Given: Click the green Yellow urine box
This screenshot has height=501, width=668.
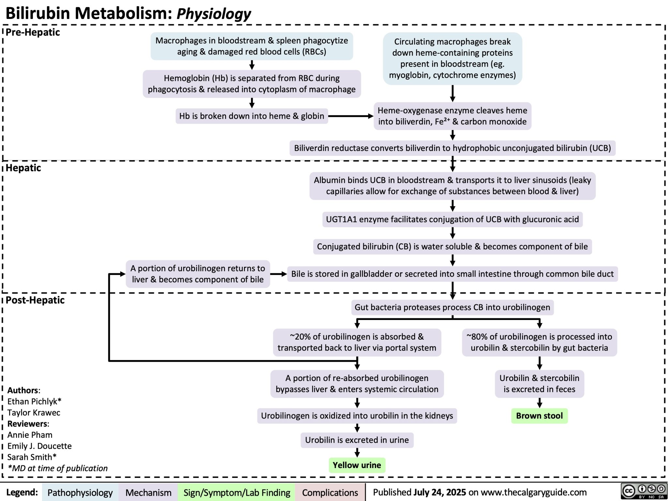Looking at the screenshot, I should (357, 465).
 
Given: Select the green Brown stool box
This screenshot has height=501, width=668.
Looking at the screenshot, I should (539, 416).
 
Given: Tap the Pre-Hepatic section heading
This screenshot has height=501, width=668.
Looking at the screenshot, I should (33, 32).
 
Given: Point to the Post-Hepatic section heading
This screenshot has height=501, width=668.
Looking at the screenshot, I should (35, 300).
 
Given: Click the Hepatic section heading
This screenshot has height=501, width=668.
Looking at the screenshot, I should (23, 168).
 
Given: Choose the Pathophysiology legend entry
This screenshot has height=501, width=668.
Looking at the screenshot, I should (80, 493).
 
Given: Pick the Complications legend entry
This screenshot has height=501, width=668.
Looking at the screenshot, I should (330, 493).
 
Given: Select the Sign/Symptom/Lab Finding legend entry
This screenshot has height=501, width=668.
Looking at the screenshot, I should (236, 493).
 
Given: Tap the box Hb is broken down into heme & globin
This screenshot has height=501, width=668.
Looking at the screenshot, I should (251, 116).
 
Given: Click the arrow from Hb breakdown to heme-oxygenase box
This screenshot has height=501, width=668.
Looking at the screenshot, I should (351, 116).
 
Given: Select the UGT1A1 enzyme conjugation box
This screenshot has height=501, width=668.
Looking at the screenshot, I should (452, 220).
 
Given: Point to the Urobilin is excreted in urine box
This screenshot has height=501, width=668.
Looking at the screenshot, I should (357, 440).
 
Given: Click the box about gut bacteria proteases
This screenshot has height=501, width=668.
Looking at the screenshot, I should (452, 307).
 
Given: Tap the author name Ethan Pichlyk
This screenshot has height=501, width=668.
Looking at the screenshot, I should (34, 402).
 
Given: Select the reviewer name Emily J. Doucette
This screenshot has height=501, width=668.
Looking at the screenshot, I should (39, 446).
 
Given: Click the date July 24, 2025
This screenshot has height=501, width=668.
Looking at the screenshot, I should (439, 492).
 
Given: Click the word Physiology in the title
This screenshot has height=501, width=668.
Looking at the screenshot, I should (214, 14).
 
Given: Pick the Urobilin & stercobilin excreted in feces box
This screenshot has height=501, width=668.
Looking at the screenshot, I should (539, 384).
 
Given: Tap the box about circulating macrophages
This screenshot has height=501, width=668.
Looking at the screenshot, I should (452, 59).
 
